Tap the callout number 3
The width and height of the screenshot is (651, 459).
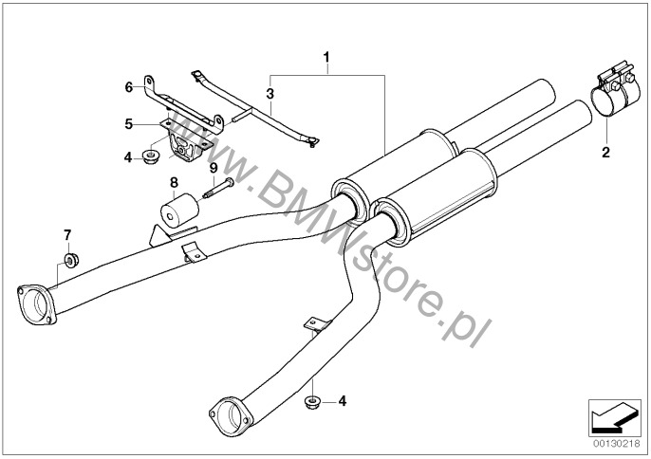click(270, 94)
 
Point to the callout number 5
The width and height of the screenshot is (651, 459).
click(127, 122)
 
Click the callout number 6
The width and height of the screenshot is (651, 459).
click(127, 86)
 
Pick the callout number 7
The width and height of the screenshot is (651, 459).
click(67, 232)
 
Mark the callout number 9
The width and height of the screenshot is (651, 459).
click(214, 168)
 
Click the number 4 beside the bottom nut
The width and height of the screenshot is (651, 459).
click(343, 402)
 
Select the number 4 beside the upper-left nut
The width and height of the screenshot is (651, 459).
click(127, 156)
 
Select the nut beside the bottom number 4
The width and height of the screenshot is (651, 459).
click(313, 403)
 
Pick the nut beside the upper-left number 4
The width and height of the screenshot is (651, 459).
click(150, 155)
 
